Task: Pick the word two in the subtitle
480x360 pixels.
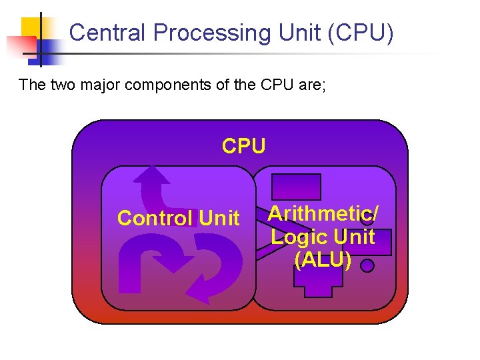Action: point(63,85)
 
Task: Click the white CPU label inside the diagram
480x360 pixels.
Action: point(243,146)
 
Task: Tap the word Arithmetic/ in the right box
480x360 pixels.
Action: point(323,214)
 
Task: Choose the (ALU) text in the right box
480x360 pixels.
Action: point(323,259)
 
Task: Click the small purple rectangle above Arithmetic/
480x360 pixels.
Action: point(296,187)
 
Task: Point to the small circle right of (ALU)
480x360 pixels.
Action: point(367,266)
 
